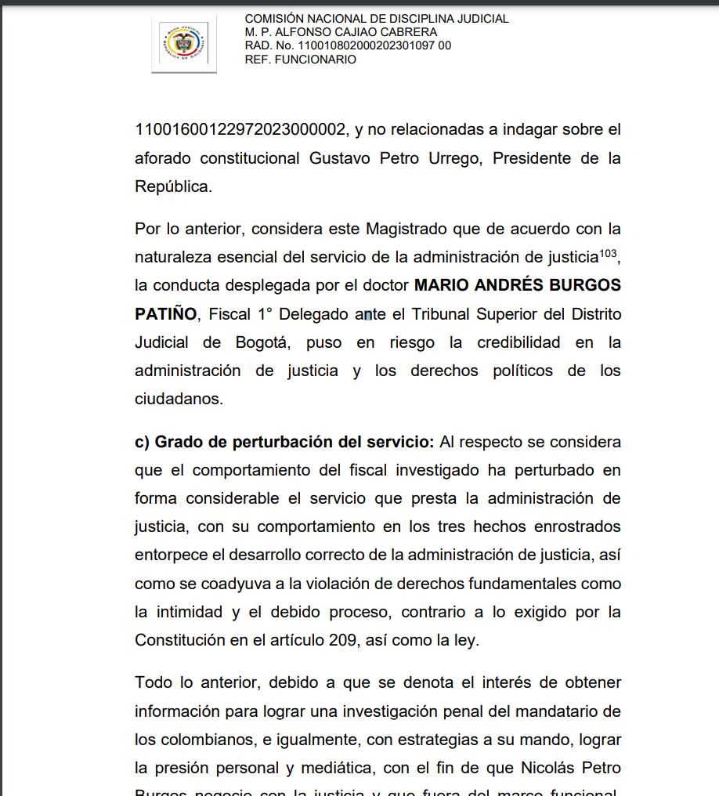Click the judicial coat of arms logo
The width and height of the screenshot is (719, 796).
[183, 43]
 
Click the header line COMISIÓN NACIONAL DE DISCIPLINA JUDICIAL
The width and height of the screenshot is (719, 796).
[376, 19]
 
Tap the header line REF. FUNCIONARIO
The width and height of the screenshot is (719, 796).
[300, 60]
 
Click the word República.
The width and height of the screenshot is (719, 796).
[173, 186]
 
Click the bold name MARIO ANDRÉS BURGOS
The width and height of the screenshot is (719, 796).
[517, 285]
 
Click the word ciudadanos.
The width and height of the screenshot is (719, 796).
[179, 399]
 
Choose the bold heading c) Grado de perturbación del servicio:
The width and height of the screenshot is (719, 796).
[284, 442]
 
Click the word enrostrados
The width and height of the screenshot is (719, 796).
[573, 526]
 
